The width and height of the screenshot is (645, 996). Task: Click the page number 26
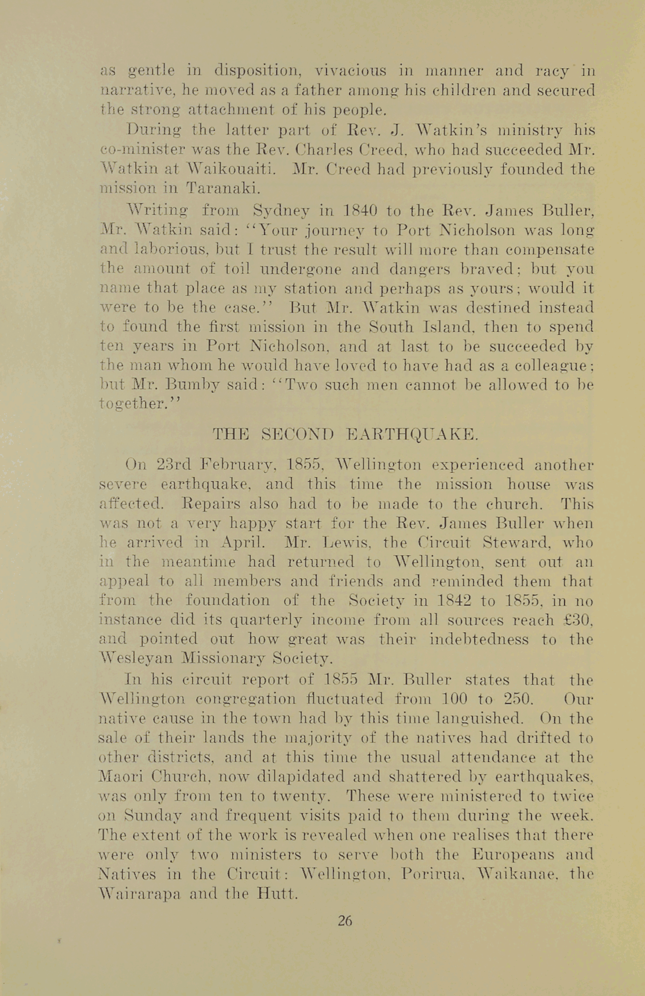[345, 920]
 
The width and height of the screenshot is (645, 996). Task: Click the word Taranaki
[215, 188]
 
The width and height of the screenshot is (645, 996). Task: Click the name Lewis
[346, 543]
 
